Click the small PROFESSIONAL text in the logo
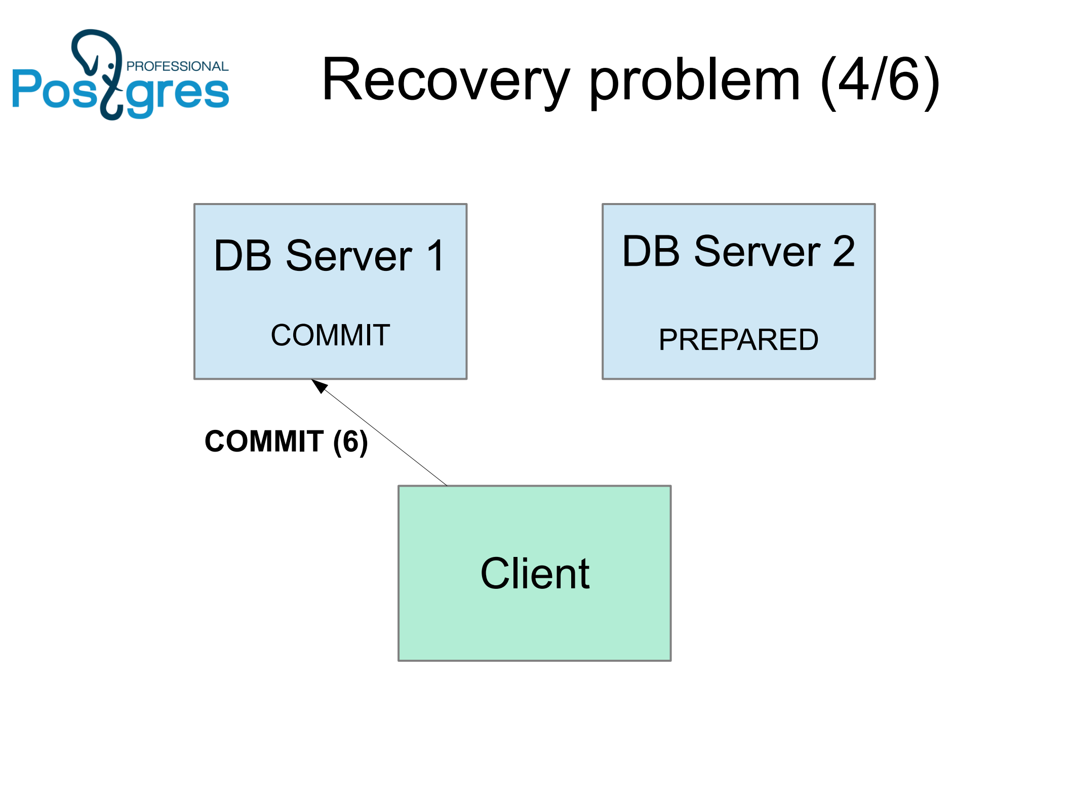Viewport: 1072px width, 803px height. pos(177,66)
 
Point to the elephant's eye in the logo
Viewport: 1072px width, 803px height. pos(111,66)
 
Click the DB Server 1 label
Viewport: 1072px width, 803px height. pos(329,256)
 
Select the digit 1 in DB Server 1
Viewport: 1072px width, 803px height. pos(435,256)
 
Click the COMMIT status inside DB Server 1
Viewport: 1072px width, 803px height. pos(330,335)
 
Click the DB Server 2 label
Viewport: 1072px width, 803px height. pos(738,251)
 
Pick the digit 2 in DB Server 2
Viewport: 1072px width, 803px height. pos(843,251)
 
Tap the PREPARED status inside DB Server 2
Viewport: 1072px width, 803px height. pos(738,340)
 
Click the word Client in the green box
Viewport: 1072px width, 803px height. pos(535,573)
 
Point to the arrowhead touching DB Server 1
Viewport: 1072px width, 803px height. pos(319,385)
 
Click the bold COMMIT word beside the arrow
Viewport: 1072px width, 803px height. pos(264,441)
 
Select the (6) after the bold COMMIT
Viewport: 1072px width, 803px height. pos(350,441)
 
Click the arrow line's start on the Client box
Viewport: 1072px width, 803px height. pos(446,485)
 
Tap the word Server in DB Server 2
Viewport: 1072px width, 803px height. pos(757,251)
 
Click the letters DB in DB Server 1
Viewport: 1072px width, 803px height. pos(243,256)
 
